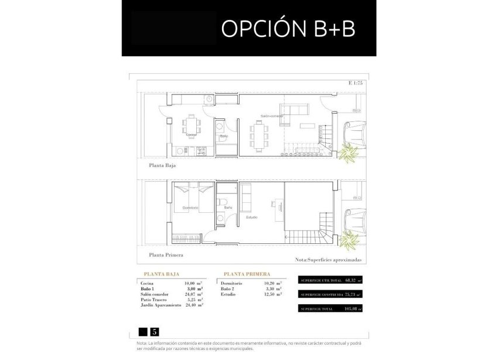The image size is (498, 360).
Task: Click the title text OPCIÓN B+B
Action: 288,29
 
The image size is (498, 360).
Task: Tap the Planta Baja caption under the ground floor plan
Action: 162,166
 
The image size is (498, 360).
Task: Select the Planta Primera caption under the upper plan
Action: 166,255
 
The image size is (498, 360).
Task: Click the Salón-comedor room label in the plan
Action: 272,116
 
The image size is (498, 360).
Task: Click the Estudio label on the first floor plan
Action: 252,216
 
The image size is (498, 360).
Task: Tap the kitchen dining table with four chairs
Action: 192,125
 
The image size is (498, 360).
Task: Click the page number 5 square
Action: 155,331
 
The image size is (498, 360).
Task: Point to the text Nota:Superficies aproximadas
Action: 329,259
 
